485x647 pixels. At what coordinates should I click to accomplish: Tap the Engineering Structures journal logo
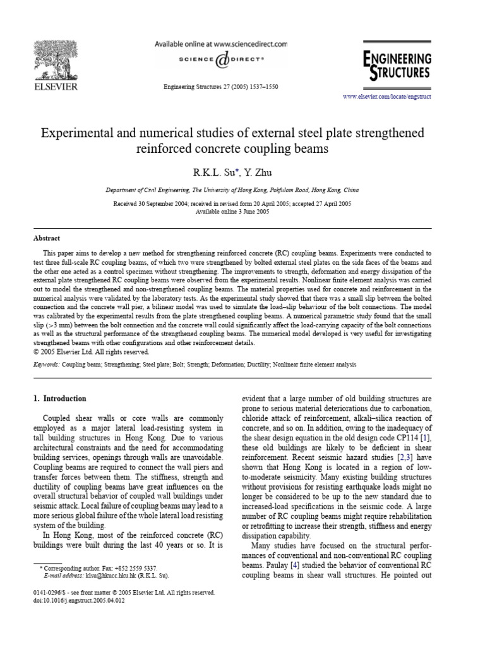397,64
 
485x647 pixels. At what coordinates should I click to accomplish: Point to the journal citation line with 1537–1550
221,87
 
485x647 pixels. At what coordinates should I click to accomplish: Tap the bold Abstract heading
47,238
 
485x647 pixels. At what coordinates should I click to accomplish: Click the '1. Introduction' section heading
59,399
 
